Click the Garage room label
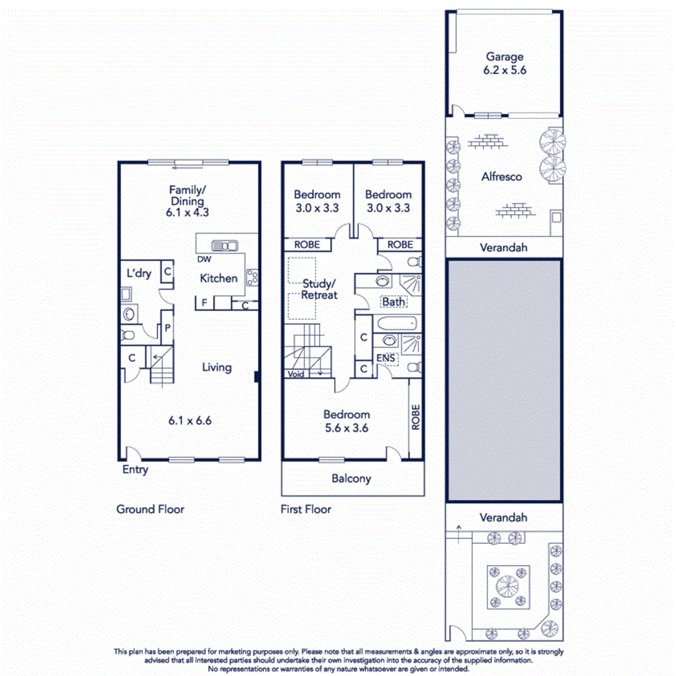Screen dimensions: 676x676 point(504,57)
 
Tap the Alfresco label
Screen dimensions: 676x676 point(501,176)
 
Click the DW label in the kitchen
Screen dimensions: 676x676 point(204,259)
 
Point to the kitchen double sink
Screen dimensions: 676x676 point(225,246)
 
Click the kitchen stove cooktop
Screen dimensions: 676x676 point(252,276)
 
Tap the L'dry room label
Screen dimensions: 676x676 point(139,273)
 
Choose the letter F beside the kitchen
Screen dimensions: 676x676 point(205,302)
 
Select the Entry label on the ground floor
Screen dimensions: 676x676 point(135,469)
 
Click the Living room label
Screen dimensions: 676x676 point(216,367)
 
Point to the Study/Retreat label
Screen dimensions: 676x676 point(319,289)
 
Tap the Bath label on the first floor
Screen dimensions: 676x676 point(394,302)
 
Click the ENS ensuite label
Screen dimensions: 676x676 point(385,358)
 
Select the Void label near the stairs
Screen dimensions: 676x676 point(295,374)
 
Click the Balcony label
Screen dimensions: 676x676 point(351,479)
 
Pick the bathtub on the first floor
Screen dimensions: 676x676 point(395,323)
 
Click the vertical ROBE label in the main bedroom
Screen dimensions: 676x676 point(416,418)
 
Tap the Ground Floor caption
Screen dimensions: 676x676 point(150,509)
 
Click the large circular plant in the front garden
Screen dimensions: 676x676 point(506,585)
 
